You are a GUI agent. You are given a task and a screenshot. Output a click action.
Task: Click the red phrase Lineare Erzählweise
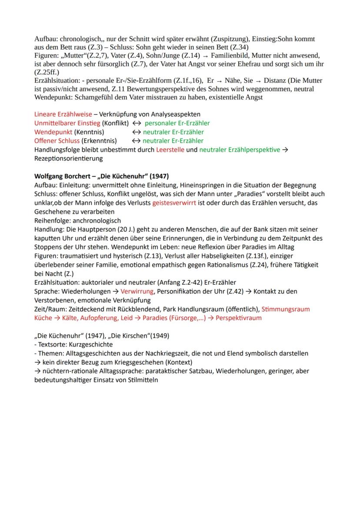pos(63,114)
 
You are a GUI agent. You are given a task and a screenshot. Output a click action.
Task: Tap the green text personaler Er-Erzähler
pos(177,123)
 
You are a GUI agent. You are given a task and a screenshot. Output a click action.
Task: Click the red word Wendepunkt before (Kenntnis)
pos(53,132)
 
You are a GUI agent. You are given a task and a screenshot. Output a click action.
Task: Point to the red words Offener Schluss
pos(57,141)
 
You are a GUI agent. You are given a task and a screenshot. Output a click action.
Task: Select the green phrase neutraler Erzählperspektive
pos(240,150)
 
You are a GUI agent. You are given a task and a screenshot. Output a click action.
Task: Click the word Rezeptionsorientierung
pos(68,158)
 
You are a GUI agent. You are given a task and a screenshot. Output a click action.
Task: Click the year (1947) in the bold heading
pos(159,176)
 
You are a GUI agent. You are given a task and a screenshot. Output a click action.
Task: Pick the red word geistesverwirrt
pos(174,203)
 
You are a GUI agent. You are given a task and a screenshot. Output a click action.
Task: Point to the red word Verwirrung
pos(137,291)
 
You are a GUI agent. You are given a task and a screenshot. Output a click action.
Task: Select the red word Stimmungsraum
pos(286,309)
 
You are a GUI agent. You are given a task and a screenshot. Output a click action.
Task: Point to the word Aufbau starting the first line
pos(45,39)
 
